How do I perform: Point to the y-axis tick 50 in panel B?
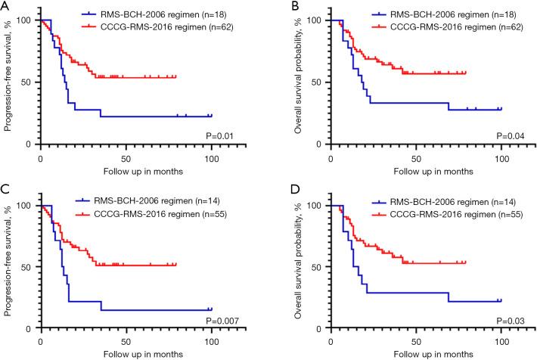pos(320,82)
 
